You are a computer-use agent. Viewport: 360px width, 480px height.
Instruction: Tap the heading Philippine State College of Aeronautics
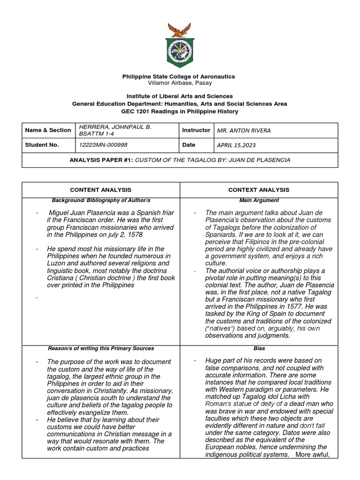179,76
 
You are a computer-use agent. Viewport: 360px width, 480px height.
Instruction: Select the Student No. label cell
43,145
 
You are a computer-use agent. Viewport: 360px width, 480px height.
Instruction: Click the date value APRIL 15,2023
236,145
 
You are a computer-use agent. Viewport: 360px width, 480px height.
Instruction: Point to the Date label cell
188,145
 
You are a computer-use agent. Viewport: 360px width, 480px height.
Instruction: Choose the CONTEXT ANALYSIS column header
258,190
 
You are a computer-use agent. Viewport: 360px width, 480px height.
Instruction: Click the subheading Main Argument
258,201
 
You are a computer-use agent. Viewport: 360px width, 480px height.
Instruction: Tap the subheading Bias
258,348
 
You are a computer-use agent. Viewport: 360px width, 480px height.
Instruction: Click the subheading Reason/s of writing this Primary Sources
101,348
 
